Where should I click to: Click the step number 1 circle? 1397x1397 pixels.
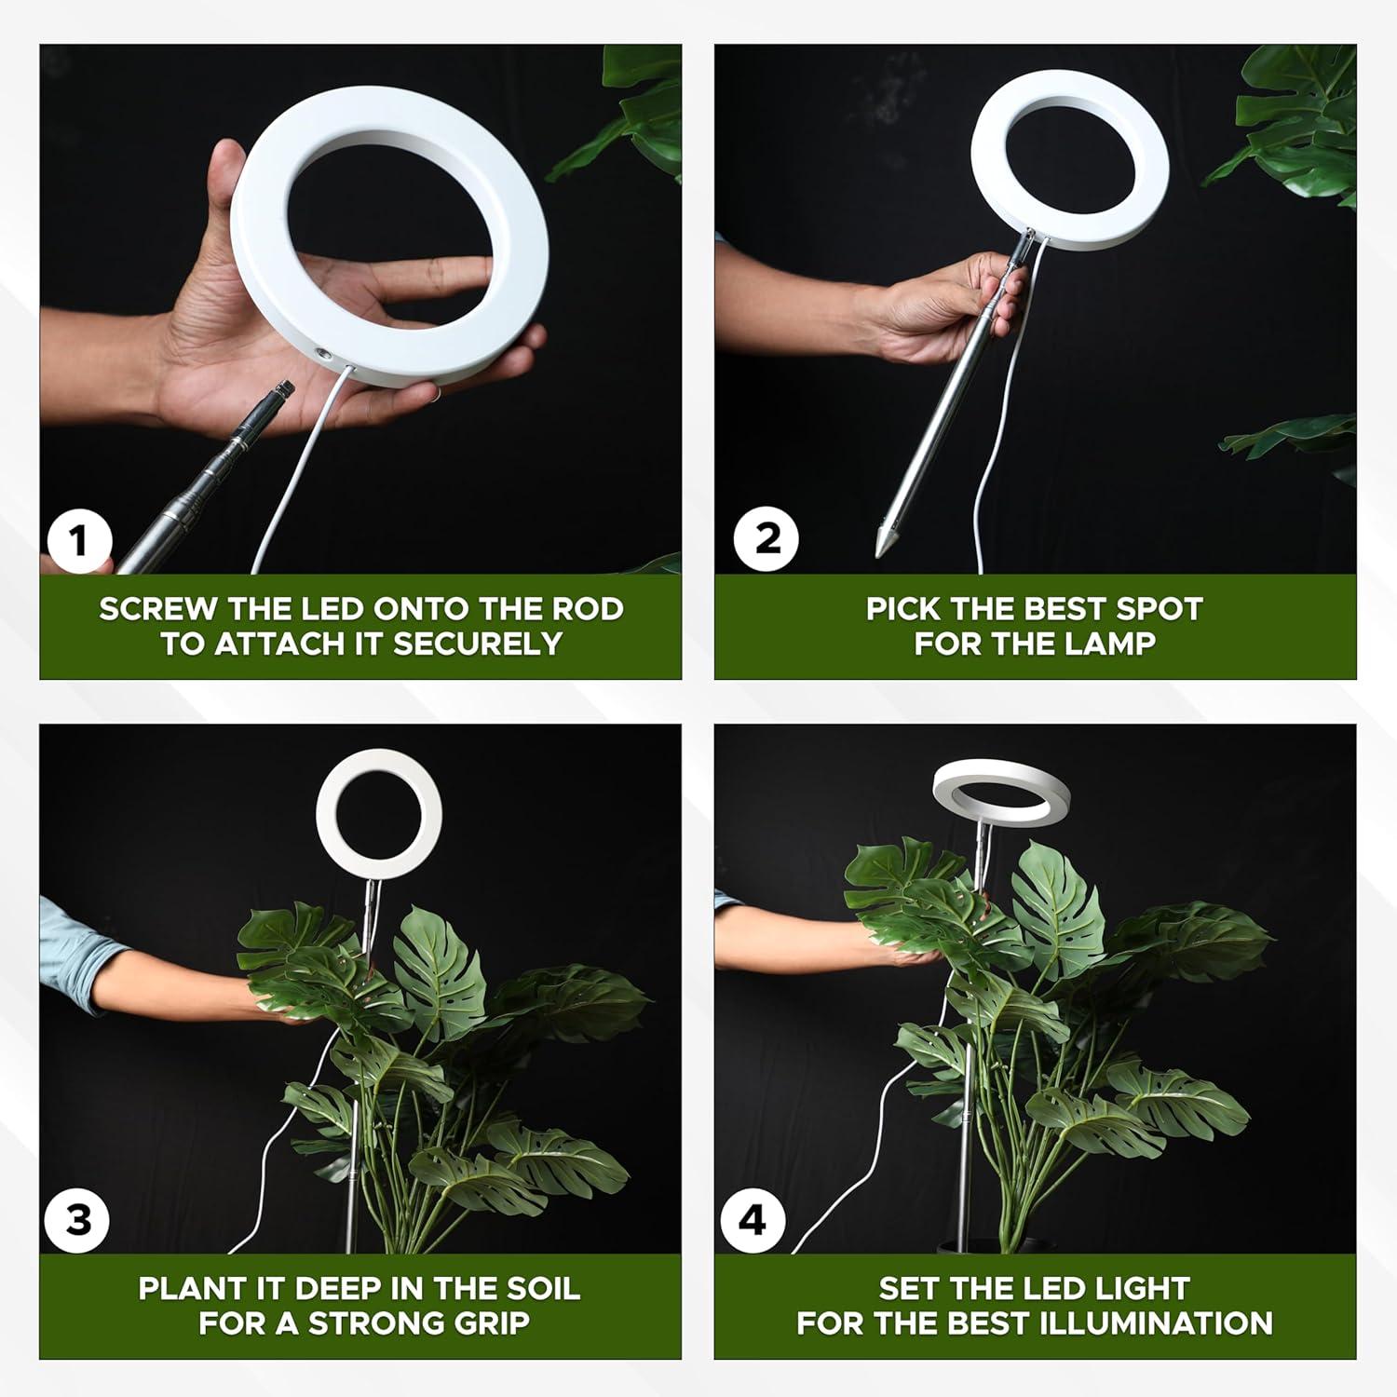(x=79, y=541)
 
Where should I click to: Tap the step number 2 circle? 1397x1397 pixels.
(x=766, y=539)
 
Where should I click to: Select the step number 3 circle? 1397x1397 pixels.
(x=79, y=1220)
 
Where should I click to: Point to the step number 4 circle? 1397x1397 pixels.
(x=753, y=1220)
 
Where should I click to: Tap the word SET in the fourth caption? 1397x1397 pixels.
(x=910, y=1289)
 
